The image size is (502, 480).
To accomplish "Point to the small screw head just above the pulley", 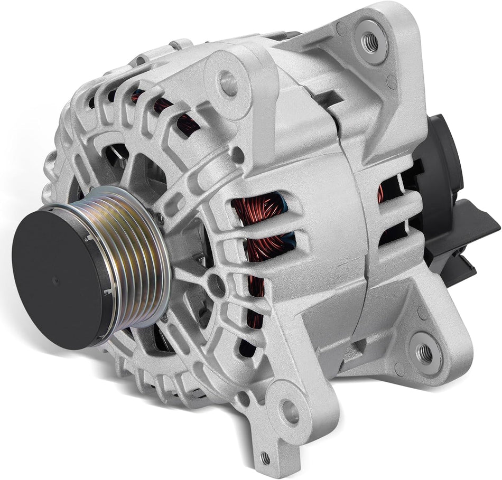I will pyautogui.click(x=160, y=216).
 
